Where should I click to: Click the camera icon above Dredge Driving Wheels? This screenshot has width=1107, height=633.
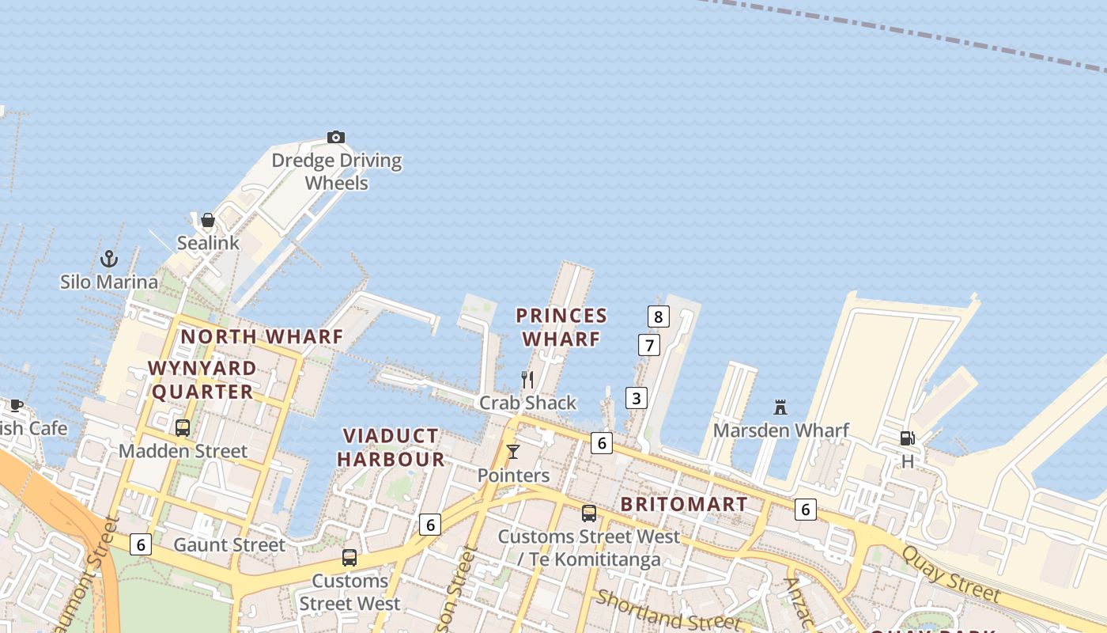coord(336,138)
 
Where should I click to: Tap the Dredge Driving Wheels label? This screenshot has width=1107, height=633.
coord(337,172)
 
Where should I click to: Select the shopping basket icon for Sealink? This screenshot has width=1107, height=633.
coord(208,220)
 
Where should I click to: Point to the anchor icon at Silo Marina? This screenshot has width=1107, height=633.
coord(109,259)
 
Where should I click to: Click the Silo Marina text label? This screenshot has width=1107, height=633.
coord(109,282)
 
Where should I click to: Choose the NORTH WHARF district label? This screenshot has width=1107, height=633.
coord(262,336)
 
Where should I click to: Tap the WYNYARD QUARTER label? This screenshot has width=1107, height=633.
coord(202,380)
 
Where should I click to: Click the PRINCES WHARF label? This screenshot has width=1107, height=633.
coord(561,327)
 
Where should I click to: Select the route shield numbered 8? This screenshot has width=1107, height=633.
coord(658,317)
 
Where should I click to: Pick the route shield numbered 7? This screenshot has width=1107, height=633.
coord(649,345)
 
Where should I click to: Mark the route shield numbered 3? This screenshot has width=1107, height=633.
coord(637,398)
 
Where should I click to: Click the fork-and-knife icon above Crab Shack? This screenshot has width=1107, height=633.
coord(527,380)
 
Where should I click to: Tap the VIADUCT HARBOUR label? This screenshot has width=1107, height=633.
coord(391,447)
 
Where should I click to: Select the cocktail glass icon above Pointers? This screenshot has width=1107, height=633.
coord(513,452)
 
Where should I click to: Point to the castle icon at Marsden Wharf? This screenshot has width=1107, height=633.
coord(780,407)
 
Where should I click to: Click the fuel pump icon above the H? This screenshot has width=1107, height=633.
coord(907,438)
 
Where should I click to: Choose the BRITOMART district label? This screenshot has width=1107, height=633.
coord(684,504)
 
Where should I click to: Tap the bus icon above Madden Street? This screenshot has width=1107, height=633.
coord(183,428)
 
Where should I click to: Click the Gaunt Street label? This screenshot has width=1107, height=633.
coord(229,544)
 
